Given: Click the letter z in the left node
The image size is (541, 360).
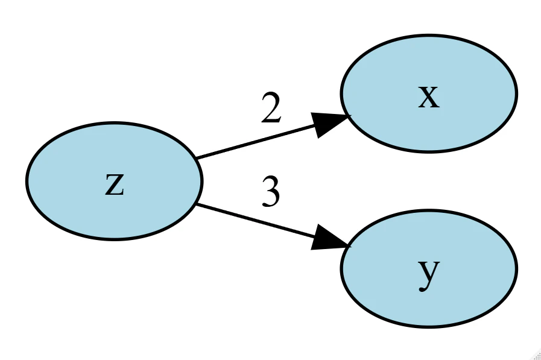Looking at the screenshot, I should pyautogui.click(x=114, y=185).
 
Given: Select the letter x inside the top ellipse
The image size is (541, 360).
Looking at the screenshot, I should pyautogui.click(x=428, y=97).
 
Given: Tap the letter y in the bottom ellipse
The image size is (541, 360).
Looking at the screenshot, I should pyautogui.click(x=428, y=273).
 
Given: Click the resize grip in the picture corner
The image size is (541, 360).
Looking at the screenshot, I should pyautogui.click(x=535, y=355).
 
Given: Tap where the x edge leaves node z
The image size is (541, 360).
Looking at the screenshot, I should pyautogui.click(x=197, y=159).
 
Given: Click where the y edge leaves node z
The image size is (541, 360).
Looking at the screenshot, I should pyautogui.click(x=197, y=204).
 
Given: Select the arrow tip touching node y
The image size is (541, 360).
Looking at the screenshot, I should pyautogui.click(x=349, y=247).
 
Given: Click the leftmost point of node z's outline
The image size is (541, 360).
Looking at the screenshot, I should pyautogui.click(x=26, y=181).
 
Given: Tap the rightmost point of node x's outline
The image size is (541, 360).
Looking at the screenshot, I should pyautogui.click(x=517, y=93).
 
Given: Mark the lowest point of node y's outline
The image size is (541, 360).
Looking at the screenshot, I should pyautogui.click(x=428, y=327).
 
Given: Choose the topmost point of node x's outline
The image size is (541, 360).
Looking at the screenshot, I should pyautogui.click(x=428, y=35).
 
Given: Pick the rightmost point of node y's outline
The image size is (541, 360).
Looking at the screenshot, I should pyautogui.click(x=517, y=268).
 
